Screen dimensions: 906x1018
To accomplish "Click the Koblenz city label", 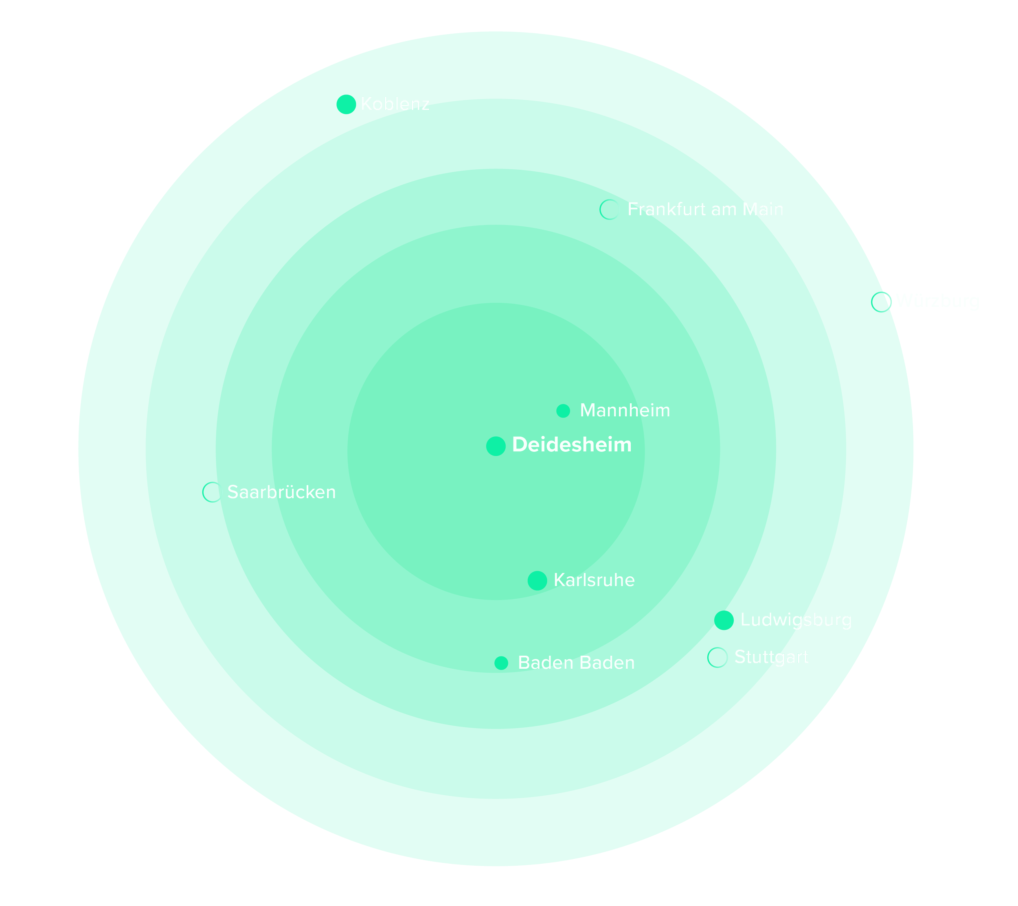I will pos(395,104).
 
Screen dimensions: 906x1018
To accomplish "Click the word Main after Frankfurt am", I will pos(763,210).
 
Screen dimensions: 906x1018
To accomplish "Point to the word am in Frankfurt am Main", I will pos(725,210).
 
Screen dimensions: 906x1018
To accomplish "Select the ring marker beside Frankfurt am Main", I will pos(610,210).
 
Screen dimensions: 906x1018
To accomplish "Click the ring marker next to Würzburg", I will pos(881,302).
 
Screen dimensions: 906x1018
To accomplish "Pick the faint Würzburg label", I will pos(939,302).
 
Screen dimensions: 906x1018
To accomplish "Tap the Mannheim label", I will pos(625,411).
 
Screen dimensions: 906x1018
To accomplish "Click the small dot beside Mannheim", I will pos(563,411).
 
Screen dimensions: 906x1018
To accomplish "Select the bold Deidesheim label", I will pos(571,445).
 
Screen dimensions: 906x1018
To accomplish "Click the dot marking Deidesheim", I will pos(496,446).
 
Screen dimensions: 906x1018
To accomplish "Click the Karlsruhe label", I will pos(594,580).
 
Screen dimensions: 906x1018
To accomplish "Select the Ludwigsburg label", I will pos(796,620).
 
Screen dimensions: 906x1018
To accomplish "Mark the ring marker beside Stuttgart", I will pos(717,658).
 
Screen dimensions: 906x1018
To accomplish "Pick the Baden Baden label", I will pos(576,663).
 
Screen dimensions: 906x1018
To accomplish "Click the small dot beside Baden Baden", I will pos(501,663).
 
